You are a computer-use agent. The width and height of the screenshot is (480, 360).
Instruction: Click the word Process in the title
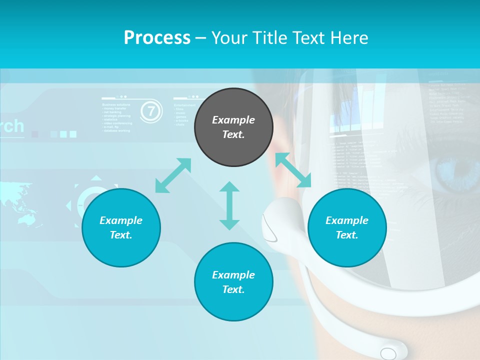coord(157,37)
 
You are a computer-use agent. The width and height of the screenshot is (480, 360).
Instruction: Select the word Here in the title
coord(349,37)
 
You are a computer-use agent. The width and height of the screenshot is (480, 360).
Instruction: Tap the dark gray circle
coord(233,127)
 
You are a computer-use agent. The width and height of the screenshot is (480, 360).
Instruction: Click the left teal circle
coord(121,227)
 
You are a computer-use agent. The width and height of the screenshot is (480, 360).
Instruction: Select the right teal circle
coord(347,227)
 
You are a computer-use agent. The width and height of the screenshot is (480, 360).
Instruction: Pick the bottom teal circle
coord(233,282)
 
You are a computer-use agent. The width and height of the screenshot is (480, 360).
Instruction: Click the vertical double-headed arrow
coord(229,205)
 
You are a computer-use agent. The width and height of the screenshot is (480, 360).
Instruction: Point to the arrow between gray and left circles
coord(173,175)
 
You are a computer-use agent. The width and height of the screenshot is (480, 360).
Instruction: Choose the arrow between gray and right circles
coord(293,170)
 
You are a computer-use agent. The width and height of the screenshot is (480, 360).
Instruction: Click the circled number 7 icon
coord(151,111)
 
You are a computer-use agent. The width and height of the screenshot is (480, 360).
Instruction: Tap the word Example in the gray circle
coord(233,120)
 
